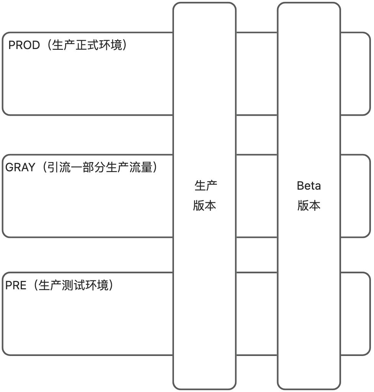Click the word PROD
pyautogui.click(x=24, y=46)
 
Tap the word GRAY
pyautogui.click(x=20, y=167)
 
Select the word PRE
pyautogui.click(x=16, y=286)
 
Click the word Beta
pyautogui.click(x=309, y=186)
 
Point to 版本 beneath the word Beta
pyautogui.click(x=309, y=206)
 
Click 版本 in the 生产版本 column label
pyautogui.click(x=205, y=206)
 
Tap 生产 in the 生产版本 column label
pyautogui.click(x=206, y=186)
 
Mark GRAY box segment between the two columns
pyautogui.click(x=256, y=196)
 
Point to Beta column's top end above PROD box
pyautogui.click(x=309, y=18)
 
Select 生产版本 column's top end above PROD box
pyautogui.click(x=204, y=18)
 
